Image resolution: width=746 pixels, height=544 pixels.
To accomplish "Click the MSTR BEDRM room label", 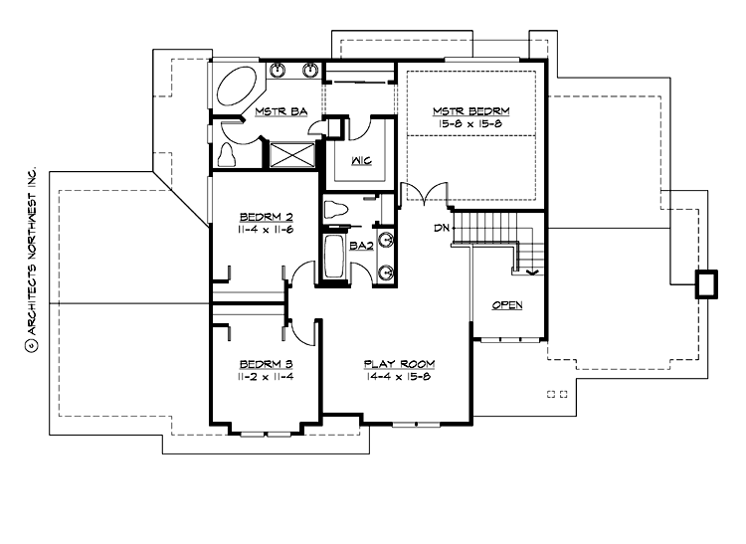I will [470, 110].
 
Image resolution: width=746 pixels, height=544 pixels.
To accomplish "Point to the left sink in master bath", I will [281, 70].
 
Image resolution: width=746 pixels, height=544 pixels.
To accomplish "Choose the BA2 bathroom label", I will [361, 246].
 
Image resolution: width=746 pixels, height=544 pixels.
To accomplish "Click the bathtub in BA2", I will [334, 258].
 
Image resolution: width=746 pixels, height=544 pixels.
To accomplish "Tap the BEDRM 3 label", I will [263, 364].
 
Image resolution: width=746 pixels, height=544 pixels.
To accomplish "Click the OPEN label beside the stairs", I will [507, 305].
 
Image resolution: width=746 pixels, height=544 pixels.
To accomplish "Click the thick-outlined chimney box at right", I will [705, 283].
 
